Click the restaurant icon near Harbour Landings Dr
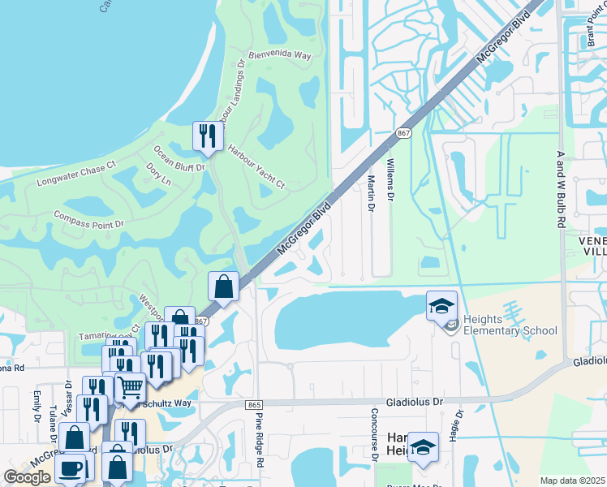click(x=208, y=136)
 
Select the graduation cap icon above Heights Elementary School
click(x=441, y=305)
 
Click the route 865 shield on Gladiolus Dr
click(x=254, y=403)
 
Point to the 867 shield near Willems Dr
click(x=403, y=132)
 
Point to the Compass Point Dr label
click(x=88, y=219)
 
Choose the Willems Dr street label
click(x=390, y=180)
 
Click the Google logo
click(x=28, y=477)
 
